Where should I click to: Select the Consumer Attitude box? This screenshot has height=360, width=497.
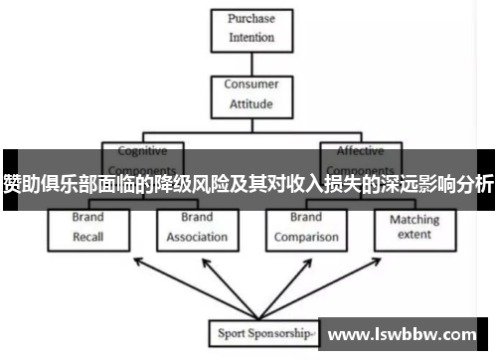251,93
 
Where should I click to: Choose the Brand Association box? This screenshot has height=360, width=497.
197,228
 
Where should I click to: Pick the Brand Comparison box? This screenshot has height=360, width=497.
306,228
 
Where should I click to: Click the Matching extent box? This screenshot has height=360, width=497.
414,228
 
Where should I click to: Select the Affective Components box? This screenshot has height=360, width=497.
361,159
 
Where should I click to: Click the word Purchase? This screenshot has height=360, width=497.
251,20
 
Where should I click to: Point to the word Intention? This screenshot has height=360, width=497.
251,38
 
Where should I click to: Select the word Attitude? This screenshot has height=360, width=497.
251,102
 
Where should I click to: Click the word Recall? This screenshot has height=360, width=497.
87,237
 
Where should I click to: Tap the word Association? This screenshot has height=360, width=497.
197,237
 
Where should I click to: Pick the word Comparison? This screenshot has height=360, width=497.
306,237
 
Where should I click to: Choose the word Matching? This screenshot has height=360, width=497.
414,219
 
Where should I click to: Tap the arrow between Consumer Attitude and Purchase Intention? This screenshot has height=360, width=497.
251,63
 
